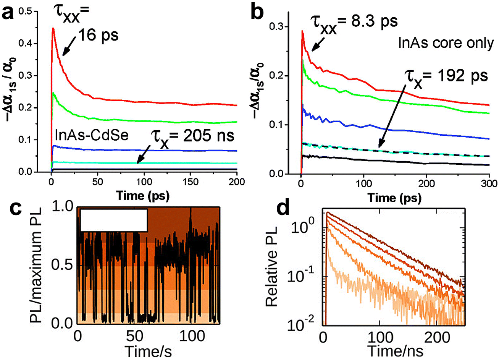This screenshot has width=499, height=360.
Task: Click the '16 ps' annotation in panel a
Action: tap(99, 35)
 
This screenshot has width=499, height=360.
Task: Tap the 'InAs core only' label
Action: tap(446, 43)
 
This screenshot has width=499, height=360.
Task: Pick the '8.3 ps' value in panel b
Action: tap(376, 20)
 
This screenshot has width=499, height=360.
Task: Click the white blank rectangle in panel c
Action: tap(113, 220)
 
